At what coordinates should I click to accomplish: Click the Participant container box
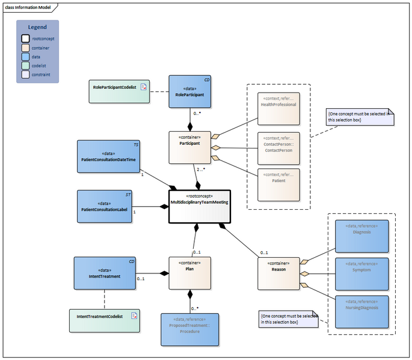190,147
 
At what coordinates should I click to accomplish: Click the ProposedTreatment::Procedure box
190,329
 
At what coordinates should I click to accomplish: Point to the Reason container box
278,273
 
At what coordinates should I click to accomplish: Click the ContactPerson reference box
278,147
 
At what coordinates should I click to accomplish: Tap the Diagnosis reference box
361,236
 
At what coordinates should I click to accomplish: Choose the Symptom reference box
361,273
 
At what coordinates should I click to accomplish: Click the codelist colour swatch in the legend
26,66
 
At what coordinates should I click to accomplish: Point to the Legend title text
37,27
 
